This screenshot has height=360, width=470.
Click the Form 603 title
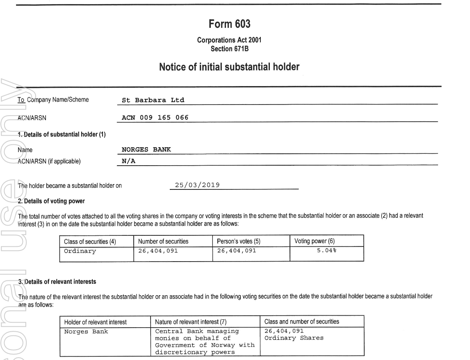click(x=229, y=25)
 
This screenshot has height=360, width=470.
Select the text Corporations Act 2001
click(x=229, y=40)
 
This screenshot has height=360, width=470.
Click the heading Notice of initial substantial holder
click(x=229, y=68)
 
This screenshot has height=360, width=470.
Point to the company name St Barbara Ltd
click(x=153, y=100)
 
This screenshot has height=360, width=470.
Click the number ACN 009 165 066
click(x=155, y=118)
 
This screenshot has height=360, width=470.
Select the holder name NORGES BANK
click(x=144, y=150)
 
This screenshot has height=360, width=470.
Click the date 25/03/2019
click(x=197, y=185)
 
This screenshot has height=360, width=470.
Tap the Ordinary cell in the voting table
click(x=80, y=251)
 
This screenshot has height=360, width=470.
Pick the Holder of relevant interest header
click(x=95, y=321)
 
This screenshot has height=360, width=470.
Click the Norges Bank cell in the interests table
click(x=86, y=331)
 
